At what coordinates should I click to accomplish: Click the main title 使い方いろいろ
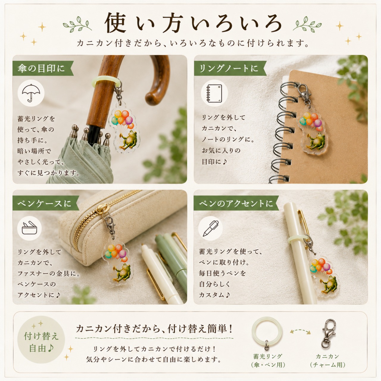point(193,23)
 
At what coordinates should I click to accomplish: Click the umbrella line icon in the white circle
point(31,93)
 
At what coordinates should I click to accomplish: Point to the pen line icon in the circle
point(210,228)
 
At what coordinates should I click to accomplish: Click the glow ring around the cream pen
point(298,240)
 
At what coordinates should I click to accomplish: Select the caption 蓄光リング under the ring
point(267,356)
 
